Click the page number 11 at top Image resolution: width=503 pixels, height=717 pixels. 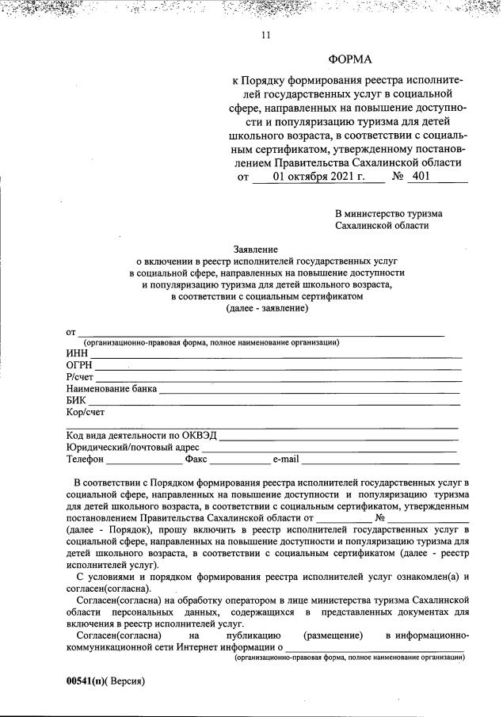click(265, 34)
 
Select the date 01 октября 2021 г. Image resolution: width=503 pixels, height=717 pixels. click(318, 177)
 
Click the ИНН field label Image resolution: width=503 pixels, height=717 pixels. click(78, 353)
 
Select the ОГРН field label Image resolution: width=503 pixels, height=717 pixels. click(80, 365)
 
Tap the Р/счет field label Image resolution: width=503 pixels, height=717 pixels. click(81, 377)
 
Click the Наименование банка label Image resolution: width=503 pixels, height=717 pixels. click(112, 389)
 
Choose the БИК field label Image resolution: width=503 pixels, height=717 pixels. click(77, 401)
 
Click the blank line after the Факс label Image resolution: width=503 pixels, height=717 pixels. click(241, 460)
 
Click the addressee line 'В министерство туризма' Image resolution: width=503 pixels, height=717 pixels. click(389, 213)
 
